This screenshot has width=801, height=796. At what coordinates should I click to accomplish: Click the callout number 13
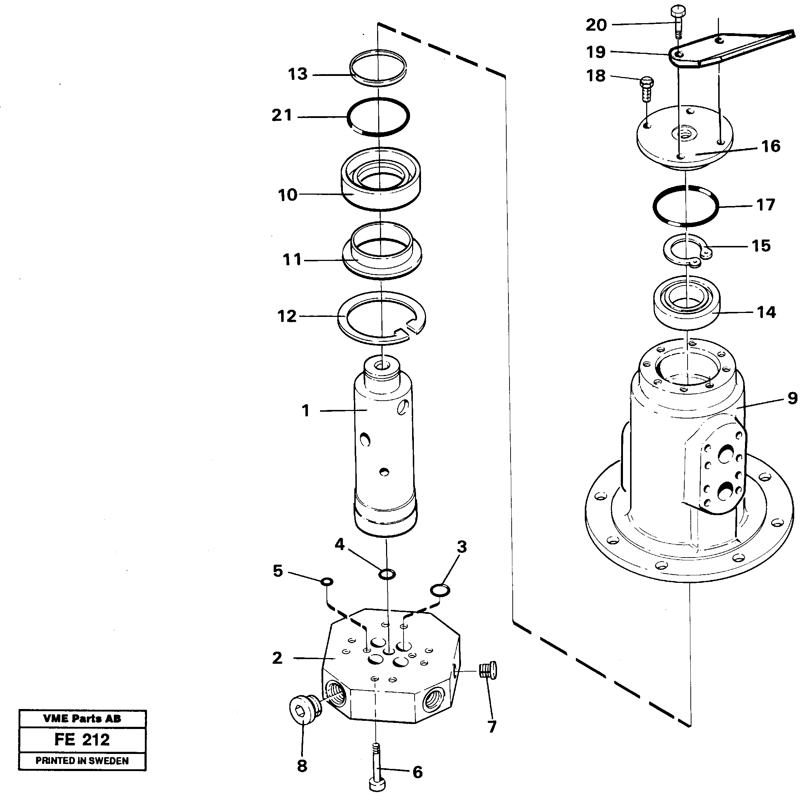pyautogui.click(x=298, y=75)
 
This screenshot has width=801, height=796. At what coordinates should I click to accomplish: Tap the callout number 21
pyautogui.click(x=282, y=115)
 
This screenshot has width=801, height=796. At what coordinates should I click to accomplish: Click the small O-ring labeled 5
pyautogui.click(x=327, y=582)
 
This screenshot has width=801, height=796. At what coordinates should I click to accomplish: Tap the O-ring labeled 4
pyautogui.click(x=387, y=574)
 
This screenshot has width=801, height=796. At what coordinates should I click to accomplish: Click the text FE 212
pyautogui.click(x=82, y=740)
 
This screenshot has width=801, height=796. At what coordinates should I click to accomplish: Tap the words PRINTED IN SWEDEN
pyautogui.click(x=82, y=761)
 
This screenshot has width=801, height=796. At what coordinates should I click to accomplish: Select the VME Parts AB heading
pyautogui.click(x=82, y=719)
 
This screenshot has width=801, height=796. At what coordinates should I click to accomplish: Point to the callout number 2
pyautogui.click(x=277, y=658)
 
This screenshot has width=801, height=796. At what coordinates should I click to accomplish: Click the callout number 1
pyautogui.click(x=305, y=411)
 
